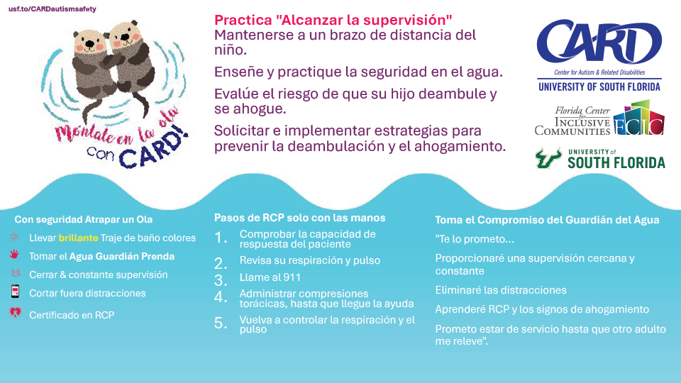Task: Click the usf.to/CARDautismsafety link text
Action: tap(52, 9)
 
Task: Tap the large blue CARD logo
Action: tap(599, 41)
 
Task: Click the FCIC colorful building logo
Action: tap(639, 118)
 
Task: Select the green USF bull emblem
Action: tap(548, 158)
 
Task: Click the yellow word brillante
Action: tap(78, 238)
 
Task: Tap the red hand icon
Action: tap(14, 255)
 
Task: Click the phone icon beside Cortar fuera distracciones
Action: tap(15, 292)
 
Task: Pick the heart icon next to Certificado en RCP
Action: tap(15, 313)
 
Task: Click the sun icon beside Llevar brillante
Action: tap(14, 237)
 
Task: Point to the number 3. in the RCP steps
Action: tap(221, 280)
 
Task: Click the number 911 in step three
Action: tap(292, 277)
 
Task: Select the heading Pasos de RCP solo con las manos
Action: tap(299, 218)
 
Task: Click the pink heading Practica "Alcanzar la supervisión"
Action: tap(333, 20)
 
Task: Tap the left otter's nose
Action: tap(89, 43)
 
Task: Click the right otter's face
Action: tap(125, 36)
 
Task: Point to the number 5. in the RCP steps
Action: tap(221, 323)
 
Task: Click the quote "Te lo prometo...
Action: tap(475, 239)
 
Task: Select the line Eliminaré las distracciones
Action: tap(501, 290)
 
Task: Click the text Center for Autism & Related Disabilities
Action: tap(599, 72)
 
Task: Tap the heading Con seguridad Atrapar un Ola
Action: tap(84, 220)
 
